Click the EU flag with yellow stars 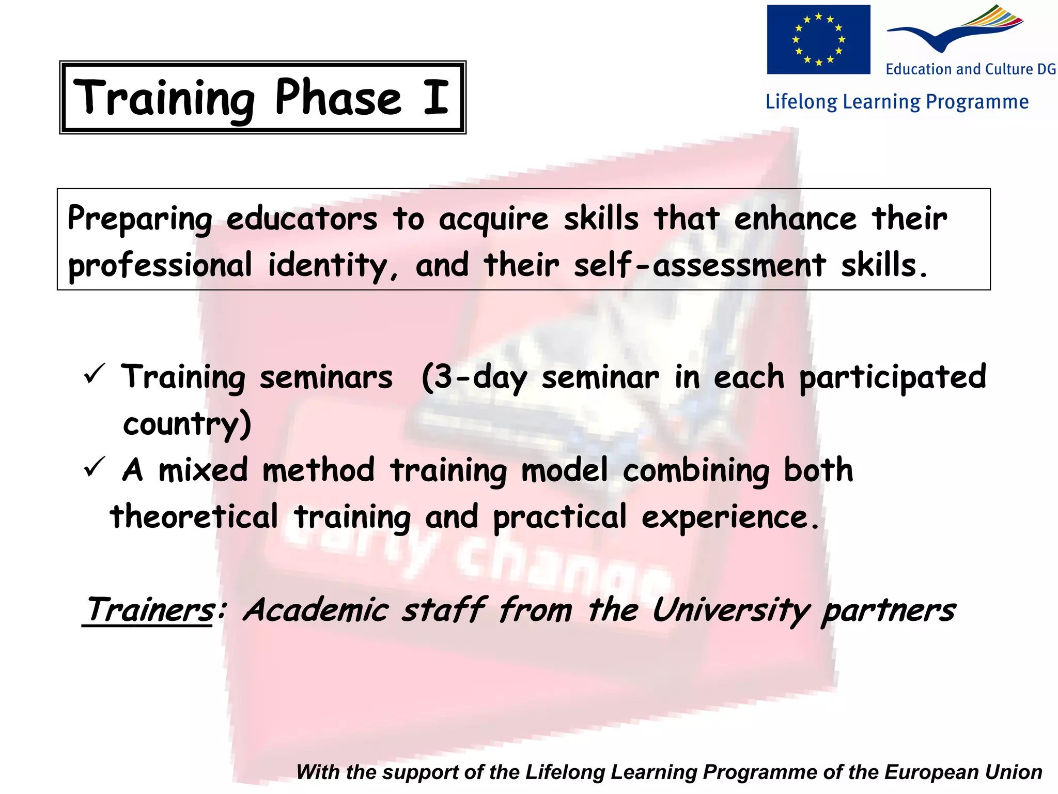pos(818,39)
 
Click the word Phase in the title pos(338,97)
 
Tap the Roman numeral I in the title pos(435,97)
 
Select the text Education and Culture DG pos(971,69)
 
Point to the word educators pos(302,219)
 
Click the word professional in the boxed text pos(160,266)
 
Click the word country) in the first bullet pos(187,425)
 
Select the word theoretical pos(194,517)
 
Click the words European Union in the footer pos(963,772)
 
